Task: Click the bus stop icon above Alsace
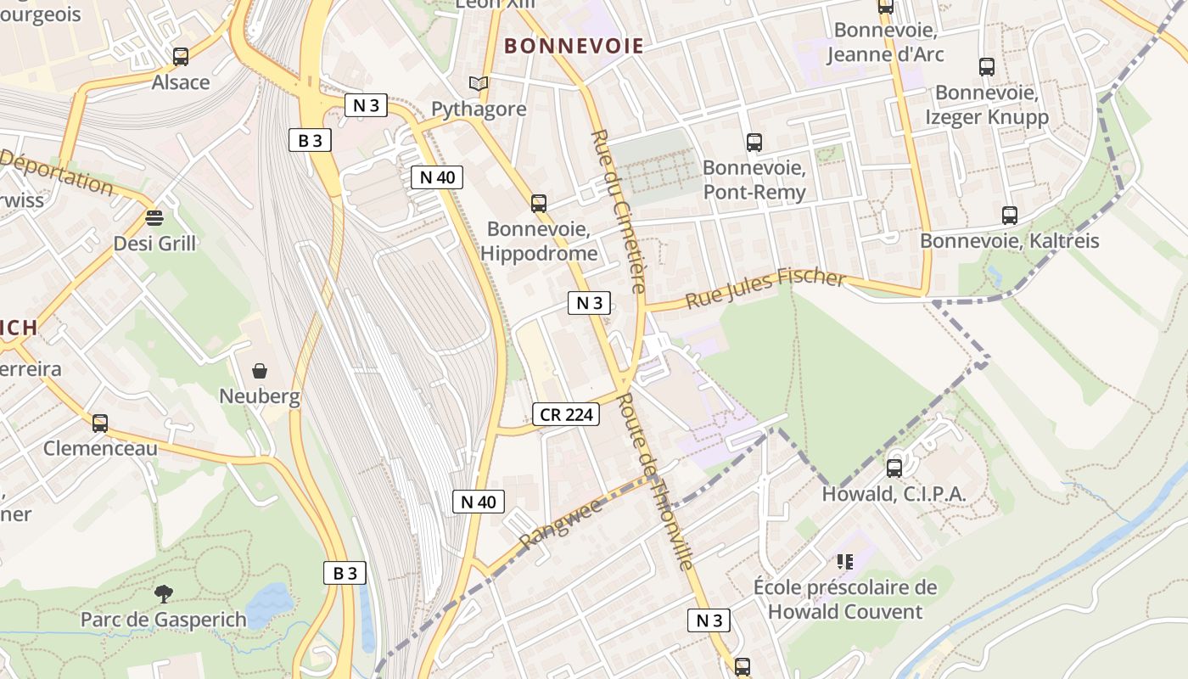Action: click(181, 57)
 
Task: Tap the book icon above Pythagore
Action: click(479, 83)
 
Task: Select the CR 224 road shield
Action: click(566, 414)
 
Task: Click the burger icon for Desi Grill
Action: click(154, 218)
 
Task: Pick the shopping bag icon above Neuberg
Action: click(260, 371)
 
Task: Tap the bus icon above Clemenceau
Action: click(100, 423)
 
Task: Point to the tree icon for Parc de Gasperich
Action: click(163, 594)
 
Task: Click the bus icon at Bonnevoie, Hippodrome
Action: click(539, 204)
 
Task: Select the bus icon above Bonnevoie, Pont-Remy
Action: click(754, 143)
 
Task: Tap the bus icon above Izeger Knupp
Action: click(986, 67)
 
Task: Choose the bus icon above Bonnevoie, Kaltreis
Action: click(1009, 216)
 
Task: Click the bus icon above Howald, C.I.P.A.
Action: click(894, 469)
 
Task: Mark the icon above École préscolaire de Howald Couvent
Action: click(844, 561)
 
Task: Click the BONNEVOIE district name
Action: click(574, 46)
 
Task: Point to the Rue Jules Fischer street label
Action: click(765, 289)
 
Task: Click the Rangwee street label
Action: click(561, 523)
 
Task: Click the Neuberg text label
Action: click(260, 396)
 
